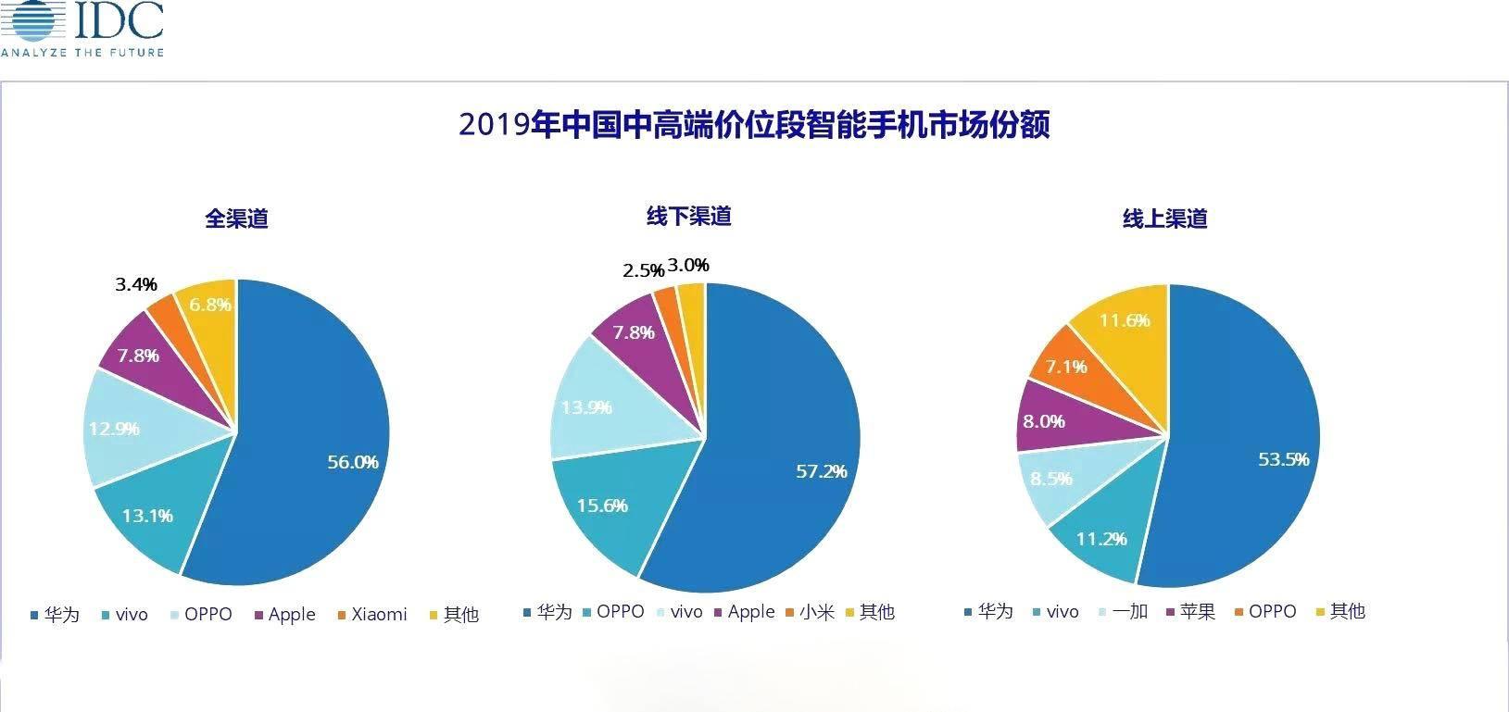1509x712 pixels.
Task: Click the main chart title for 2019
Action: (x=754, y=124)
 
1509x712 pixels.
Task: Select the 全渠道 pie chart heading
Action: (x=237, y=219)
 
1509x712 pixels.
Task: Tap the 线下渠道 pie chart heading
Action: (x=688, y=216)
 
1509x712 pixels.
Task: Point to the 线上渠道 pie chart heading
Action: (x=1165, y=219)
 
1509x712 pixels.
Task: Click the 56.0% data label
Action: (x=353, y=462)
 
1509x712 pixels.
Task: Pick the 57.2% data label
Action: (x=822, y=471)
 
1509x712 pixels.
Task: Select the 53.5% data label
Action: (x=1283, y=459)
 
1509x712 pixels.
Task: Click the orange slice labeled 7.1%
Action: (x=1065, y=367)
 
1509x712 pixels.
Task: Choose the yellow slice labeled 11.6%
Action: (x=1124, y=320)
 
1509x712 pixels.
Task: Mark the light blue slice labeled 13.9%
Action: (x=586, y=407)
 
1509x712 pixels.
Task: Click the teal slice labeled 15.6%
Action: (x=602, y=506)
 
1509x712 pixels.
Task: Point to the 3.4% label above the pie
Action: (x=136, y=284)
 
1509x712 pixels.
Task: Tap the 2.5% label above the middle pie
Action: (x=643, y=270)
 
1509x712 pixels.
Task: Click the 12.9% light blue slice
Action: (x=114, y=429)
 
